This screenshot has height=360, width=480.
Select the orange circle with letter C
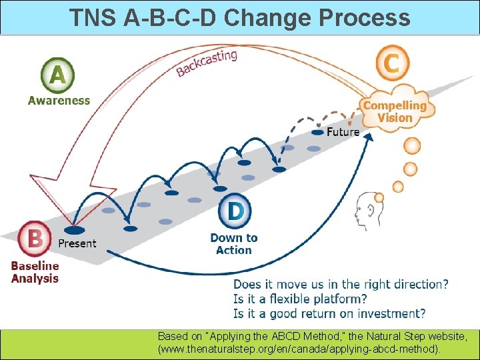point(391,63)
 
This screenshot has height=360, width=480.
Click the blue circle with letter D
point(235,211)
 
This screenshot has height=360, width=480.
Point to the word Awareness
point(59,101)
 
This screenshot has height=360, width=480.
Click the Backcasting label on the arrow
point(206,63)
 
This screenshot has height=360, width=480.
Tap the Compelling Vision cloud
point(395,111)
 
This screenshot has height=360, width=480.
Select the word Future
point(343,132)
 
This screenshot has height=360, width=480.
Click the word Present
point(77,243)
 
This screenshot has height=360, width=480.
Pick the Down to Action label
point(233,244)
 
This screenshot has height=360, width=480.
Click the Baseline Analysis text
point(35,272)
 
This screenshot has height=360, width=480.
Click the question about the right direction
point(341,285)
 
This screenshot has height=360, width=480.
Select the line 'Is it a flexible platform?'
point(299,299)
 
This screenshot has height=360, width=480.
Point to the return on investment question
point(329,313)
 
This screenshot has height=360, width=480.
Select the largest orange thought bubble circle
point(413,145)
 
